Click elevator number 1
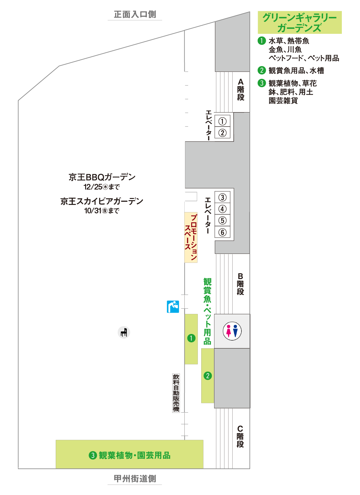click(222, 121)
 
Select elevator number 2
click(222, 133)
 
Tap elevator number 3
click(222, 197)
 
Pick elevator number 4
click(222, 209)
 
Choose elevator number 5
click(222, 221)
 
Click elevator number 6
click(222, 232)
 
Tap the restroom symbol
click(232, 331)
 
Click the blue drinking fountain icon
click(173, 307)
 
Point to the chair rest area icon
click(124, 332)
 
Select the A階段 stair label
click(240, 90)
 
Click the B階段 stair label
click(240, 284)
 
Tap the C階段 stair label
click(240, 436)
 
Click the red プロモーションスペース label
click(191, 237)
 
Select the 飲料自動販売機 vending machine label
click(176, 393)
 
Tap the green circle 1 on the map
click(191, 338)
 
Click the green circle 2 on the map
click(208, 375)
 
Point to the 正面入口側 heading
click(135, 14)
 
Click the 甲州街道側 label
click(135, 478)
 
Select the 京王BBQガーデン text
click(102, 177)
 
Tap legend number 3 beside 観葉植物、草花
click(262, 83)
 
